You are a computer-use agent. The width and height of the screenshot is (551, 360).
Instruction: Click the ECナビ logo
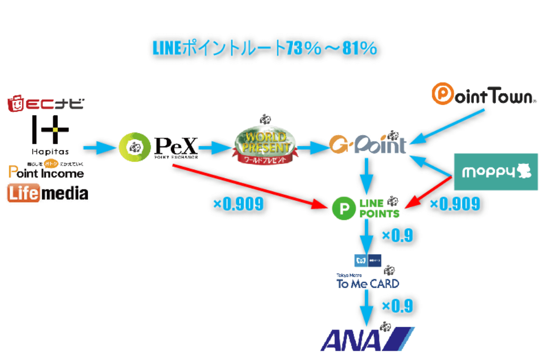click(x=46, y=104)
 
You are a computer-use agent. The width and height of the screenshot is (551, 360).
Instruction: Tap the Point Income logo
click(x=46, y=171)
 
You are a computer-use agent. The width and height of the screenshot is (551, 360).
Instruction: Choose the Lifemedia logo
click(x=48, y=193)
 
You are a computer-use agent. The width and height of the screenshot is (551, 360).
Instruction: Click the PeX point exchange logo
click(x=157, y=148)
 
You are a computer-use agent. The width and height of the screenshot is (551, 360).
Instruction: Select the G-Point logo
click(x=367, y=145)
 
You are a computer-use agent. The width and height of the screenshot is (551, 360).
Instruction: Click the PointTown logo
click(x=484, y=95)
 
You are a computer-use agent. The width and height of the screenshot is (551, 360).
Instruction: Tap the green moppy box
click(x=496, y=172)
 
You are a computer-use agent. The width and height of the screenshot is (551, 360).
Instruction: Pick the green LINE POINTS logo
click(x=366, y=207)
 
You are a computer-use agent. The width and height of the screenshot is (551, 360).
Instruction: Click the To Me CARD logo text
click(x=368, y=283)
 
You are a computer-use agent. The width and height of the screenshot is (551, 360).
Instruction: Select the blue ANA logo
click(x=366, y=339)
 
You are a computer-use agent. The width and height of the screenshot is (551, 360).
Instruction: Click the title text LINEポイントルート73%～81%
click(x=265, y=48)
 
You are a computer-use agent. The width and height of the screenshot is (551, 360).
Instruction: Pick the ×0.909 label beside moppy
click(x=455, y=204)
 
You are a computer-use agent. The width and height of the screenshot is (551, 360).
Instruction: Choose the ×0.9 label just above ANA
click(x=397, y=306)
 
